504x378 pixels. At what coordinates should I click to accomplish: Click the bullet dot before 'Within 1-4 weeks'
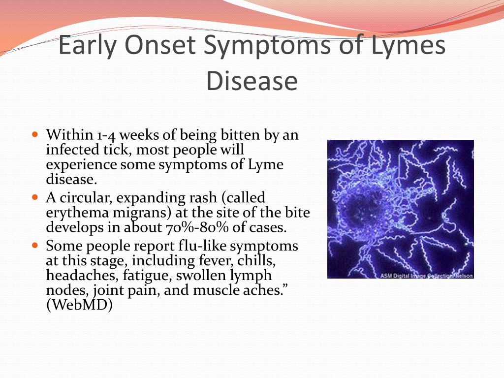(x=35, y=134)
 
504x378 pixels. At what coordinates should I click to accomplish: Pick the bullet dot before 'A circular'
(x=35, y=197)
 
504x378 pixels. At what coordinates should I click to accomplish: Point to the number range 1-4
(x=106, y=135)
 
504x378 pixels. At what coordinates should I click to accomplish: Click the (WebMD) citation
(x=79, y=305)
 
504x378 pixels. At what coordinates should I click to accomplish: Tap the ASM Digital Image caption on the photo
(x=427, y=276)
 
